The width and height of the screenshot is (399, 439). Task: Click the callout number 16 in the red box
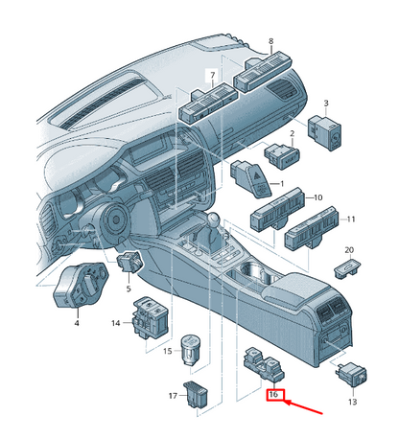coord(273,394)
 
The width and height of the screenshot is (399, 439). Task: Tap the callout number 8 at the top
coord(271,41)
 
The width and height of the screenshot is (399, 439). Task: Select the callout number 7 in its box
coord(213,76)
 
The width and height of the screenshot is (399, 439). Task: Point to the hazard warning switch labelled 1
coord(251,178)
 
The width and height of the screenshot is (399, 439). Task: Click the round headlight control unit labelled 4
coord(81,285)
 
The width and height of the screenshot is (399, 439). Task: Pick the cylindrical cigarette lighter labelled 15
coord(190,350)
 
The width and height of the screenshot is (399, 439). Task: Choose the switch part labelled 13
coord(351,375)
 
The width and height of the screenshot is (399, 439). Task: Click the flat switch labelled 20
coord(347,269)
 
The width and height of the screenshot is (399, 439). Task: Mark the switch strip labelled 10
coord(277,210)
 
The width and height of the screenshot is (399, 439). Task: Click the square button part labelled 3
coord(324,133)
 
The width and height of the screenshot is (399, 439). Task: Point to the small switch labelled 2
coord(282,156)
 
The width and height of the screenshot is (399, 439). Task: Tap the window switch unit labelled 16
coord(264,364)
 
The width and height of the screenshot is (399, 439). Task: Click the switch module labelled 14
coord(151,318)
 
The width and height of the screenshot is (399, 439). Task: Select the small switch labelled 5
coord(129,262)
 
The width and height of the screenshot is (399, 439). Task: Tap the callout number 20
coord(349,250)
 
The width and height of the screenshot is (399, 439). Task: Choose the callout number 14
coord(116,323)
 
